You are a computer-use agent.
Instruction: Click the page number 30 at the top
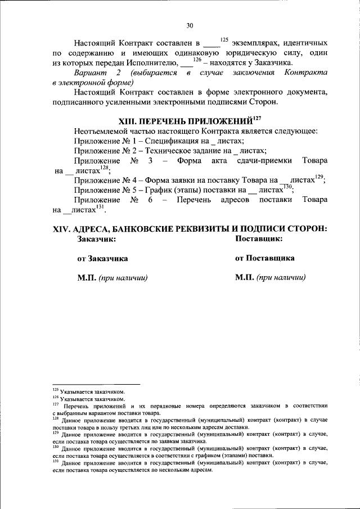[x=190, y=25]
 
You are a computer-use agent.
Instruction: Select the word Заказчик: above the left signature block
[x=97, y=239]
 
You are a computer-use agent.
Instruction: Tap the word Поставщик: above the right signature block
[x=259, y=239]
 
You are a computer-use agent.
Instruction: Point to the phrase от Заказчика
[x=102, y=259]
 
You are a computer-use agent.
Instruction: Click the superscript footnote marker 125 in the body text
[x=224, y=39]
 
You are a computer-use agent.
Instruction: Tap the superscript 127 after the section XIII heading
[x=258, y=118]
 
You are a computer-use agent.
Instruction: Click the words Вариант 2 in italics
[x=95, y=73]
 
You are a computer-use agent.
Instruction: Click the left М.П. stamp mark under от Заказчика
[x=86, y=278]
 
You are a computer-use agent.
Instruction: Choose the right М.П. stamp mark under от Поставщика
[x=244, y=278]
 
